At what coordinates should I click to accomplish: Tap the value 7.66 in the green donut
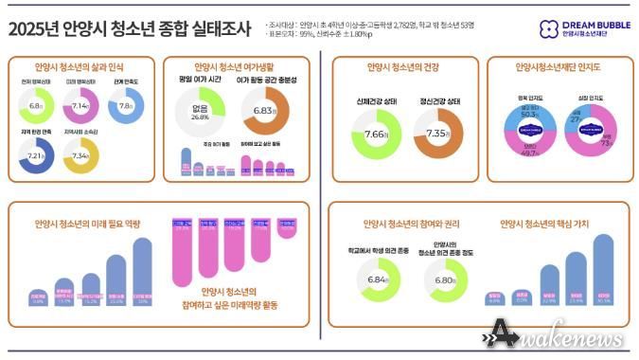pos(377,135)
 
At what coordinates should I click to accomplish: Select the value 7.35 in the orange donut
pos(438,135)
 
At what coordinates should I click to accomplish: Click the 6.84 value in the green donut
pos(377,281)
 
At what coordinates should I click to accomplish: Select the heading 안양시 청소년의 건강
pos(399,68)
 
